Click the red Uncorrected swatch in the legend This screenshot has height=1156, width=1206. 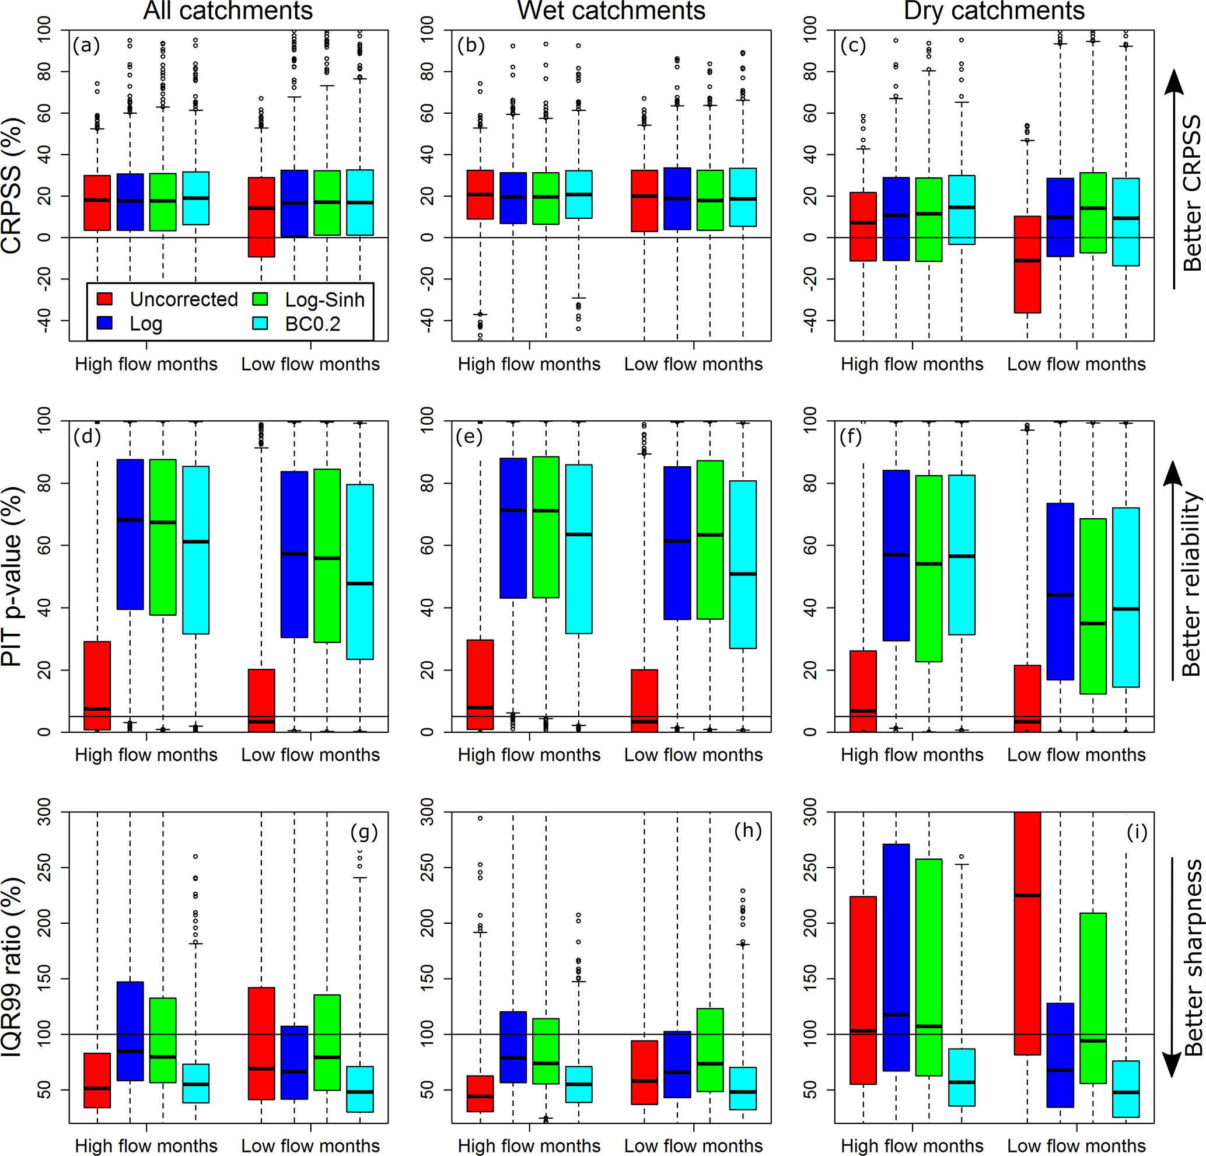(x=104, y=299)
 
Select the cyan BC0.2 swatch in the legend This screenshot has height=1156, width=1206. (x=260, y=324)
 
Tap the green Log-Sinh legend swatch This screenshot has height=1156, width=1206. (x=260, y=299)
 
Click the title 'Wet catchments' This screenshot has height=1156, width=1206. (x=611, y=11)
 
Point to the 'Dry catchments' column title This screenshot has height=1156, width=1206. (x=994, y=11)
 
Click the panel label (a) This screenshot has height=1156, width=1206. (x=86, y=46)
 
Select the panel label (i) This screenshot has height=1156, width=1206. (x=1137, y=832)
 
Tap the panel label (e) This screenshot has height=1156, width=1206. (x=469, y=436)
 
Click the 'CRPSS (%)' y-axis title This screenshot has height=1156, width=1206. (x=12, y=184)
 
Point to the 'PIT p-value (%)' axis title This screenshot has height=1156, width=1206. (x=12, y=576)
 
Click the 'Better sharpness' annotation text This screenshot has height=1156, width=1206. (x=1193, y=958)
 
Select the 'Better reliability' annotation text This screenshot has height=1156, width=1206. (x=1191, y=584)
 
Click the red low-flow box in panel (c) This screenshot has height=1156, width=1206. (x=1027, y=265)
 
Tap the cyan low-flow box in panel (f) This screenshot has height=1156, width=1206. (x=1126, y=597)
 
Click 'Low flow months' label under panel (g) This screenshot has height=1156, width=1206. (x=310, y=1145)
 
